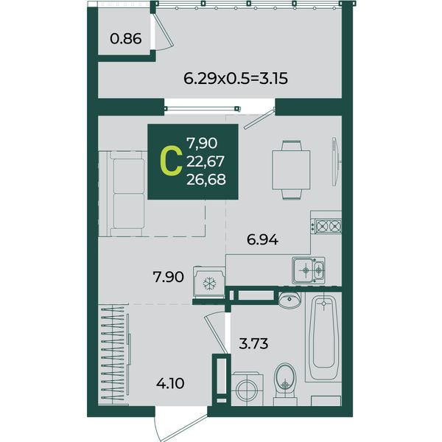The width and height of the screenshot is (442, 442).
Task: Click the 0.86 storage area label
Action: pos(126,39)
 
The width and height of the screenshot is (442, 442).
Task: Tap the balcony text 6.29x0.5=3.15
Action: pos(236,79)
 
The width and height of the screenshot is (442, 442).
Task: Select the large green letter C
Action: pos(171,162)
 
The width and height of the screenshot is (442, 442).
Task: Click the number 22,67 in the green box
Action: pos(206,161)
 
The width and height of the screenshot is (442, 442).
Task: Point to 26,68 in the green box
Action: pos(206,179)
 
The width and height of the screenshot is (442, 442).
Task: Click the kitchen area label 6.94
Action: pos(262,240)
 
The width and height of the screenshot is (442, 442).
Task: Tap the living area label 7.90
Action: pos(168,277)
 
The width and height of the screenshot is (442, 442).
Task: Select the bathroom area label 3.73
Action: pos(253,344)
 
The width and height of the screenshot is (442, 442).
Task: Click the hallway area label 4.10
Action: pos(170,384)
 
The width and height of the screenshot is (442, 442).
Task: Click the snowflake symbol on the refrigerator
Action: pos(209,283)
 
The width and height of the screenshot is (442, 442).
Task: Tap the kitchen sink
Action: pos(309,270)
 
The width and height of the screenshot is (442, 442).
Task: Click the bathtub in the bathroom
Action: pos(323,337)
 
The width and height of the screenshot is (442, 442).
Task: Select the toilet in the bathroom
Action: pos(285,384)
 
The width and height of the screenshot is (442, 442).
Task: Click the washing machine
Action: pos(248,389)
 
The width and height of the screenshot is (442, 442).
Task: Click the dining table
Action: pos(291,170)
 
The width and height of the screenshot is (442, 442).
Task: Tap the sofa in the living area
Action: pos(123,193)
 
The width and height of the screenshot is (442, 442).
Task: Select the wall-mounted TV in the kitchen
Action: pos(335,161)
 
